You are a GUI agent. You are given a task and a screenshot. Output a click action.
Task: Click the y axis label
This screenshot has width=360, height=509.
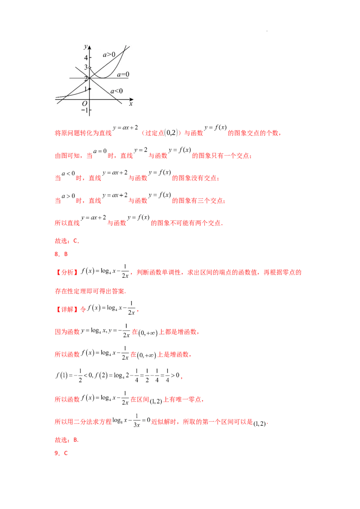[x=85, y=47]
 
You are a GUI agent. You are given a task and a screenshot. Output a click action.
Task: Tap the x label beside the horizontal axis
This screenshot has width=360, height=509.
[x=131, y=104]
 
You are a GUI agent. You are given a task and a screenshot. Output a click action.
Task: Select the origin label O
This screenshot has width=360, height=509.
[x=84, y=103]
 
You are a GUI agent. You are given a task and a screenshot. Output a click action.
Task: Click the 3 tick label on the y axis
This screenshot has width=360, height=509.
[x=86, y=67]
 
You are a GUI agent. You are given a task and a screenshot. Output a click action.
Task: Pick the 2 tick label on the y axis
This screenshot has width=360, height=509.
[x=86, y=79]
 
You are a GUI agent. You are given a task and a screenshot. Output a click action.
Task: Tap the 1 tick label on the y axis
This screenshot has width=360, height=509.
[x=86, y=89]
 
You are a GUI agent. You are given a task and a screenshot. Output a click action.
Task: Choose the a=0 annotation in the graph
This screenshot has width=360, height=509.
[x=123, y=74]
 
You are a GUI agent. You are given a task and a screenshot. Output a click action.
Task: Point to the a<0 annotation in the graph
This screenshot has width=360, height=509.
[x=117, y=91]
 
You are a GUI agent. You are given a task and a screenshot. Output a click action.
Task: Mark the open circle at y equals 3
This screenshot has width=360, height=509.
[x=90, y=68]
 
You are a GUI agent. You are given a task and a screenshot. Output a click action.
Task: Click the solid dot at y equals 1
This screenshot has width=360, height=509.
[x=90, y=89]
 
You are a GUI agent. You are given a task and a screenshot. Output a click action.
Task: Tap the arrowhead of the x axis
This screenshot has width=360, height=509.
[x=133, y=100]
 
